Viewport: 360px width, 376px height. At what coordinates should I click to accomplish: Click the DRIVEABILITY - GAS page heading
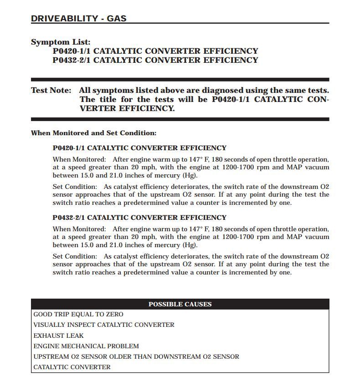(78, 19)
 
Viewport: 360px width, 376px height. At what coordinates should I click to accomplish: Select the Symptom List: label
(61, 42)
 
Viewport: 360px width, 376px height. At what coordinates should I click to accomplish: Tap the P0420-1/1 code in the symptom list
(72, 51)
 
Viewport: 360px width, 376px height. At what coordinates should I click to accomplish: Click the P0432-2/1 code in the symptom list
(72, 60)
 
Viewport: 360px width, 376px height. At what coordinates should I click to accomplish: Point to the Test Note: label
(51, 91)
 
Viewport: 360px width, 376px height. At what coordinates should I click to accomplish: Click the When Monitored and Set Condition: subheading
(93, 133)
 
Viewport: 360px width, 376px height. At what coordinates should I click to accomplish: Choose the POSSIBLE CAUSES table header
(180, 304)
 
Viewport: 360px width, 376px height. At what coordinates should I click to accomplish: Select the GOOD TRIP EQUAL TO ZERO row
(78, 315)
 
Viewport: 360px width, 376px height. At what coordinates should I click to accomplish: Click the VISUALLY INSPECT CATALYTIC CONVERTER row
(104, 325)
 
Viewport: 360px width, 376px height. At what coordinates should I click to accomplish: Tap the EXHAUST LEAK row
(59, 335)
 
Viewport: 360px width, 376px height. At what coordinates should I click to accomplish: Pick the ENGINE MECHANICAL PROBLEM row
(86, 346)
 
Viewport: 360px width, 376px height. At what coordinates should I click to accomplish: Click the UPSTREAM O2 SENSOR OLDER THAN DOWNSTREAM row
(136, 356)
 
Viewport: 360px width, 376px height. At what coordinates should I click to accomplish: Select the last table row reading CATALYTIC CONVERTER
(72, 367)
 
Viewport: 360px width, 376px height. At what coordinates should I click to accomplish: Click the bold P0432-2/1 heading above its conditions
(139, 218)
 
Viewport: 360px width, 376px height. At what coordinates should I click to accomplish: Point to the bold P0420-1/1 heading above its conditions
(139, 148)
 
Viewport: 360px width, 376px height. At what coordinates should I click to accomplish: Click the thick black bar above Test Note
(180, 80)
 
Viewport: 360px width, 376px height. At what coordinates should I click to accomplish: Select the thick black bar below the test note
(180, 119)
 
